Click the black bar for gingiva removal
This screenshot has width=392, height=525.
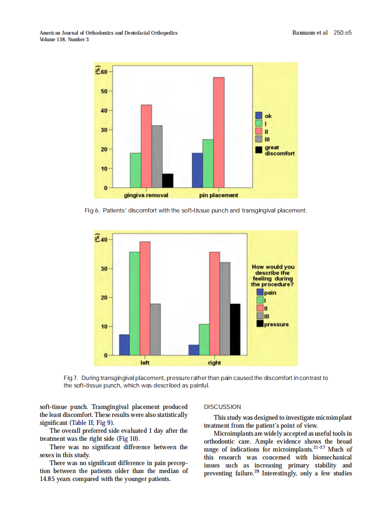167,180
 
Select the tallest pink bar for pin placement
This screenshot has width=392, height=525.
218,132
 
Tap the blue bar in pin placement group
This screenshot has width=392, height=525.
197,170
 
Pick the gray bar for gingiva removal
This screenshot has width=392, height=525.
157,156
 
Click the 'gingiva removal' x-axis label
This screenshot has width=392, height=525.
146,195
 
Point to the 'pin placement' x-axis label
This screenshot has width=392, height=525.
218,195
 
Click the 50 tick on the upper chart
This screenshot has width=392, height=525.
103,91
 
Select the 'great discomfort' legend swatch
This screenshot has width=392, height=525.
259,150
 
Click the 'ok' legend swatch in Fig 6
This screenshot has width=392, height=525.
259,116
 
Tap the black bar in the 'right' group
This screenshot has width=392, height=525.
235,329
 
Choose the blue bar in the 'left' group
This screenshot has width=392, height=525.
124,344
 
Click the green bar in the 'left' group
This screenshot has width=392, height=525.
135,303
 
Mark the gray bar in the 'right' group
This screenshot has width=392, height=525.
225,308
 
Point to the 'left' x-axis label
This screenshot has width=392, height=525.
145,362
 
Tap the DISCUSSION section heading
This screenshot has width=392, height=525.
223,407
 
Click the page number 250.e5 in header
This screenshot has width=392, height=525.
342,33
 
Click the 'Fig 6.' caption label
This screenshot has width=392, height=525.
92,211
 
